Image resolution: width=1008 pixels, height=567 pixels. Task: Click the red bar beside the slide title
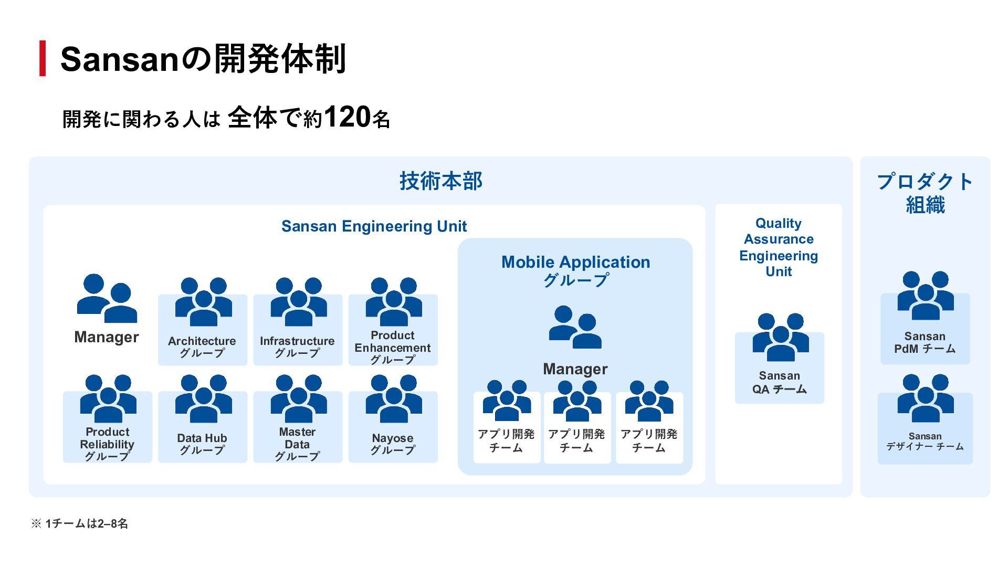43,58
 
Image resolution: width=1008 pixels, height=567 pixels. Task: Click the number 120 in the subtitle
347,117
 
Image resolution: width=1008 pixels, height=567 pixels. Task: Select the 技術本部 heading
440,181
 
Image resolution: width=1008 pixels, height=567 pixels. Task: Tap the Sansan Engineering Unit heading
374,226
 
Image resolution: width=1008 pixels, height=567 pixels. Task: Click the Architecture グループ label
202,347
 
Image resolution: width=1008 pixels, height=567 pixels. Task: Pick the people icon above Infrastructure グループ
298,302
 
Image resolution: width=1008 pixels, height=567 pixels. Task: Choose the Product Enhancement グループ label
393,348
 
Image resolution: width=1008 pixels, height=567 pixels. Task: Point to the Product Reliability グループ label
107,444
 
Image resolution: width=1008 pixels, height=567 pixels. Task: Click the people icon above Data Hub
203,398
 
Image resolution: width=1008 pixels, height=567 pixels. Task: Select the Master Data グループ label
297,444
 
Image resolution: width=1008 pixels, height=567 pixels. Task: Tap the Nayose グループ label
393,444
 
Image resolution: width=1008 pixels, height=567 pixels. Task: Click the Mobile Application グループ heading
575,270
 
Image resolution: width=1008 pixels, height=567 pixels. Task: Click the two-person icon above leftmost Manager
107,298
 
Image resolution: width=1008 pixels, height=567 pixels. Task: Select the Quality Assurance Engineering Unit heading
779,247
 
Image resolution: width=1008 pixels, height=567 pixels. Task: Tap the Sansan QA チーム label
779,383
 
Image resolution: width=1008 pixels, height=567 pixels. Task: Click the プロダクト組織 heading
925,193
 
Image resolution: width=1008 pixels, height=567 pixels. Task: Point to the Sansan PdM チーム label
925,342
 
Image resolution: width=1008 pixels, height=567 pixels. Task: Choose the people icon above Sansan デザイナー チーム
925,398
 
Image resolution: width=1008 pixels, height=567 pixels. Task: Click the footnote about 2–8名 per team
79,523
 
